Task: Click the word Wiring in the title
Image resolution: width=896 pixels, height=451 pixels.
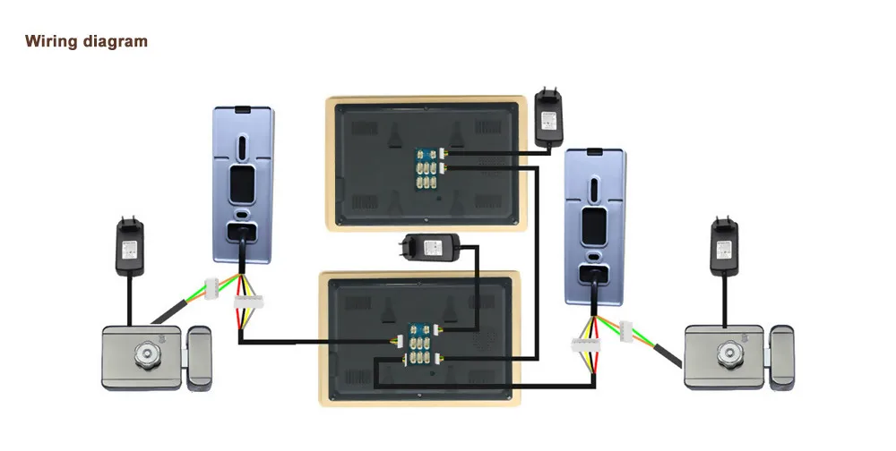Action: pos(51,42)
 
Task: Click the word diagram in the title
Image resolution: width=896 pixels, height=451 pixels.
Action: pos(116,42)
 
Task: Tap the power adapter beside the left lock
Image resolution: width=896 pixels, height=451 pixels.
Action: pos(130,245)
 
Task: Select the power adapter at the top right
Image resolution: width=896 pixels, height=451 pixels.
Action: pos(549,116)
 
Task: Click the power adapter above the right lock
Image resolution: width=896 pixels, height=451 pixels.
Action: pos(725,245)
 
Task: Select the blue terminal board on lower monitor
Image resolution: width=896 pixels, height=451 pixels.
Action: pos(420,344)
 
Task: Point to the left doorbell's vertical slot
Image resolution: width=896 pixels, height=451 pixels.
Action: pos(242,146)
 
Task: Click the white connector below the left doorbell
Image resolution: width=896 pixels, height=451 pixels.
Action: pos(248,302)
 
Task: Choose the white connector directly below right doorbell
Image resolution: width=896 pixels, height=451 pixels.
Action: pos(584,345)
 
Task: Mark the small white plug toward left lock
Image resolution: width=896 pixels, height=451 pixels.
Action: pos(212,285)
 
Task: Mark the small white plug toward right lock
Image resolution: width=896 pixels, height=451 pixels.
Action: pos(626,332)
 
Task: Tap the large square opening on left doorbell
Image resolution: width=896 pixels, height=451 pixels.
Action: pos(242,183)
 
